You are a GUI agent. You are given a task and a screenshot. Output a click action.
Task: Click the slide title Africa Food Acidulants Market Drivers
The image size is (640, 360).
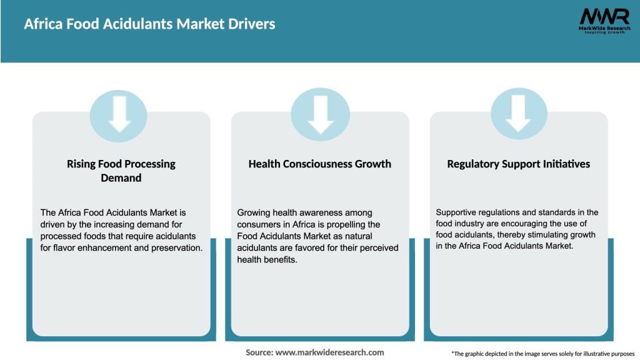pyautogui.click(x=149, y=24)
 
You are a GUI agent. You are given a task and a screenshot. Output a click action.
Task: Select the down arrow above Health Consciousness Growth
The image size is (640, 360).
pyautogui.click(x=320, y=115)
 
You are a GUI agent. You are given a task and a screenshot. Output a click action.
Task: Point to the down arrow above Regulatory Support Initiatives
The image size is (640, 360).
pyautogui.click(x=519, y=115)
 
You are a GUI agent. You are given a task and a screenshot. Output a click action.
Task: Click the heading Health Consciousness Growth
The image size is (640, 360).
pyautogui.click(x=320, y=164)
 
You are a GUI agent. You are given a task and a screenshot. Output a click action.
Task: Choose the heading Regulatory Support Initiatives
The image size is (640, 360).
pyautogui.click(x=519, y=164)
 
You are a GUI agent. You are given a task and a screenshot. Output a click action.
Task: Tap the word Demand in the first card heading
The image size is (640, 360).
pyautogui.click(x=121, y=177)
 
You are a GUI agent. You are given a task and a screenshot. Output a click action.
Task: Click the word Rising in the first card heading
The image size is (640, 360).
pyautogui.click(x=81, y=164)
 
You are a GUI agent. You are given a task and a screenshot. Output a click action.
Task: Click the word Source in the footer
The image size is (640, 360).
pyautogui.click(x=259, y=352)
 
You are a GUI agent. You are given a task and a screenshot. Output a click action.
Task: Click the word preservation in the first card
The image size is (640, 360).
pyautogui.click(x=178, y=247)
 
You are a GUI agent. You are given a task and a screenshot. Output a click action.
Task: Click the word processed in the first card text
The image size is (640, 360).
pyautogui.click(x=61, y=236)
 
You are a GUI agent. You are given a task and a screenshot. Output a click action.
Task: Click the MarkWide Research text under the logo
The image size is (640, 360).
pyautogui.click(x=604, y=29)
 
